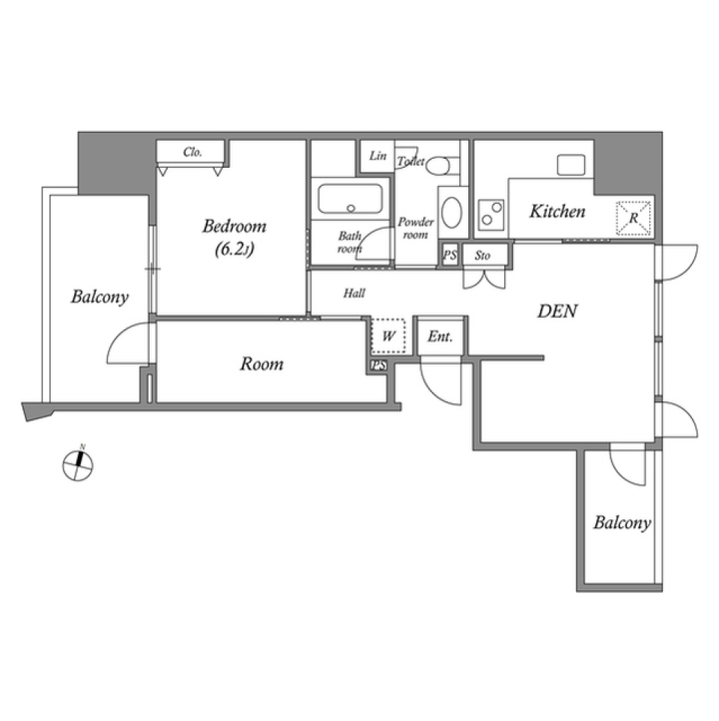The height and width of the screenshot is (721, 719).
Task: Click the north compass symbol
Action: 78,465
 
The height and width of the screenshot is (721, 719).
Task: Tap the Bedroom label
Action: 234,226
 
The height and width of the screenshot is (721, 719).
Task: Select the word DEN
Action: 558,311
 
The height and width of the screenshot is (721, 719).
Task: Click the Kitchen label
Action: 557,212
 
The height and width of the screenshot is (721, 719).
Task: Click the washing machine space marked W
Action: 388,336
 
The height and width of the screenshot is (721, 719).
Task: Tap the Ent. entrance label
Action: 440,337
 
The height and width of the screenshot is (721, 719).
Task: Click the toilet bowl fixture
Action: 439,165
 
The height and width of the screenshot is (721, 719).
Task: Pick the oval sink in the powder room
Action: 452,212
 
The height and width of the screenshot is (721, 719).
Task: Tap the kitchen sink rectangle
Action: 571,165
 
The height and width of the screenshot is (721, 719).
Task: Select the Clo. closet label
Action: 192,152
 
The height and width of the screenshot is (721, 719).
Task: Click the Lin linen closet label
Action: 378,156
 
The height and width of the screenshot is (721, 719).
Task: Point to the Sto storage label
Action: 482,256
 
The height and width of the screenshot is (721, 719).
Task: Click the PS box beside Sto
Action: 449,255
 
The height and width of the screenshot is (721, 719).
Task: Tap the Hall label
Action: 354,293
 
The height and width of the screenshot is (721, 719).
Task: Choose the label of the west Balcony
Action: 100,298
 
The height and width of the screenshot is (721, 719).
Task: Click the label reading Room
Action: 261,364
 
